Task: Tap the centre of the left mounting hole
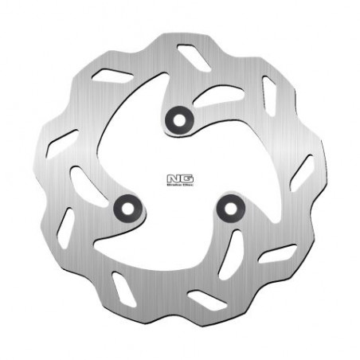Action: tap(125, 209)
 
